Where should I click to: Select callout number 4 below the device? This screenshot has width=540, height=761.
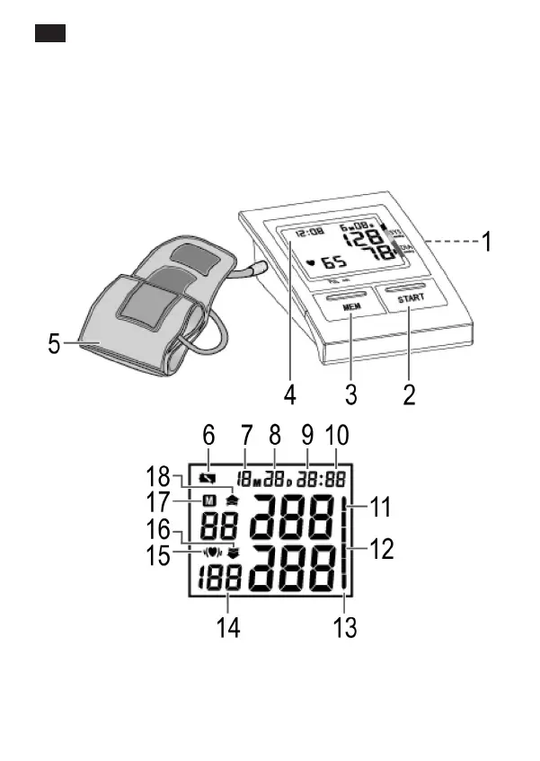coord(290,394)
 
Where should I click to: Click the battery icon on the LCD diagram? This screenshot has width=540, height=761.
coord(209,478)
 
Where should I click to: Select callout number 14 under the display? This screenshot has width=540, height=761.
coord(229,626)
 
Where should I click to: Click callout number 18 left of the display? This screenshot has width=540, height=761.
coord(159,475)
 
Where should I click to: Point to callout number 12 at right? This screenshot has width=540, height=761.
coord(382,549)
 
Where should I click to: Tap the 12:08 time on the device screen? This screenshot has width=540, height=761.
coord(311,233)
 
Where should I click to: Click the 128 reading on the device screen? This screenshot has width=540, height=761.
coord(363,239)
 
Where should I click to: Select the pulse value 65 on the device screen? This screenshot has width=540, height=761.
coord(333,262)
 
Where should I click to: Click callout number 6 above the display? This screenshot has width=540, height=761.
coord(208,434)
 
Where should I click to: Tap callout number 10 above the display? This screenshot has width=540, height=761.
coord(337,434)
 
